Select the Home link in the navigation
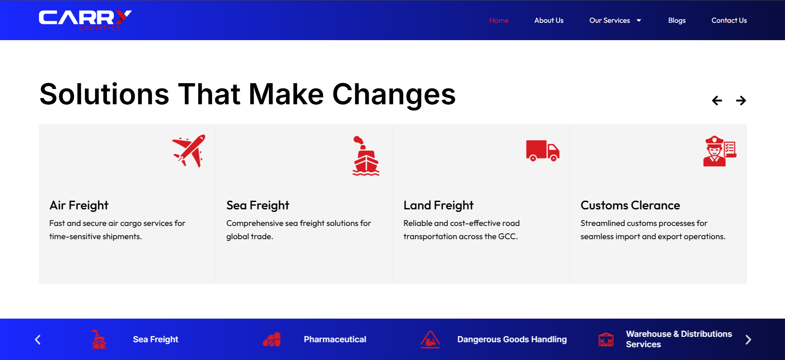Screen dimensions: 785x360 tap(499, 20)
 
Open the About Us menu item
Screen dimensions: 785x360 tap(549, 20)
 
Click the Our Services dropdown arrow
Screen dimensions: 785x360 tap(639, 20)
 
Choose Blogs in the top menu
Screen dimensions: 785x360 tap(677, 21)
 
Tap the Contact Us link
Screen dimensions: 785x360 tap(729, 20)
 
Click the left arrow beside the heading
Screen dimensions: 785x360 tap(717, 101)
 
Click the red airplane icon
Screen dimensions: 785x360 tap(189, 151)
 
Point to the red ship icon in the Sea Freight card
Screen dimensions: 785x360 tap(366, 156)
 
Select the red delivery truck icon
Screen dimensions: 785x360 tap(543, 151)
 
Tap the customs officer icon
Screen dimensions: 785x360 tap(720, 151)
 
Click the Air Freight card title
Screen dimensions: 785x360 tap(79, 206)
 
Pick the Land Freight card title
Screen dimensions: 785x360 tap(438, 206)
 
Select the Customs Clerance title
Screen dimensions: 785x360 tap(630, 205)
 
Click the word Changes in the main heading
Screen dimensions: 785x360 tap(394, 95)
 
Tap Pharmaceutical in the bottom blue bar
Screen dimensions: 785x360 tap(335, 339)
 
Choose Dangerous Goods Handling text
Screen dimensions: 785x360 tap(512, 339)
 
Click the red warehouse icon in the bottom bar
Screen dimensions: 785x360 tap(606, 340)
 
